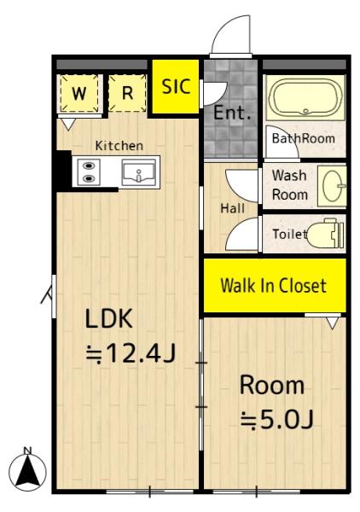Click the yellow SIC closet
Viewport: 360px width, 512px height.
pyautogui.click(x=176, y=86)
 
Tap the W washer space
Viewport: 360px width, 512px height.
pyautogui.click(x=79, y=93)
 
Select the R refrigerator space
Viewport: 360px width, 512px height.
pyautogui.click(x=127, y=93)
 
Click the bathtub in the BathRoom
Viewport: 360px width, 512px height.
pyautogui.click(x=305, y=97)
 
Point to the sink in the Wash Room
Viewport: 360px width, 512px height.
pyautogui.click(x=333, y=186)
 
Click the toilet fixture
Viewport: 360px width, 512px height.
pyautogui.click(x=326, y=234)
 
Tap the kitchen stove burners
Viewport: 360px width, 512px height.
pyautogui.click(x=89, y=172)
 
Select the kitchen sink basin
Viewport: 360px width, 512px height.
pyautogui.click(x=139, y=172)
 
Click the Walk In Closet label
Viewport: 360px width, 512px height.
pyautogui.click(x=274, y=286)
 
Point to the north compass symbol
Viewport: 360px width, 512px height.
pyautogui.click(x=28, y=469)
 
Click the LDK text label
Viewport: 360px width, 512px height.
pyautogui.click(x=108, y=318)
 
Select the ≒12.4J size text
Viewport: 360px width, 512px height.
pyautogui.click(x=131, y=353)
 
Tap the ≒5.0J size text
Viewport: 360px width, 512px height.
pyautogui.click(x=276, y=420)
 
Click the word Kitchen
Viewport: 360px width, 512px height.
pyautogui.click(x=119, y=146)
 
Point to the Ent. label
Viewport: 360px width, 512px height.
pyautogui.click(x=232, y=113)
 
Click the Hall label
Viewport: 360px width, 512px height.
pyautogui.click(x=232, y=208)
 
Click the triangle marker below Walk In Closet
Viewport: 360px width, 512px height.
pyautogui.click(x=333, y=323)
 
